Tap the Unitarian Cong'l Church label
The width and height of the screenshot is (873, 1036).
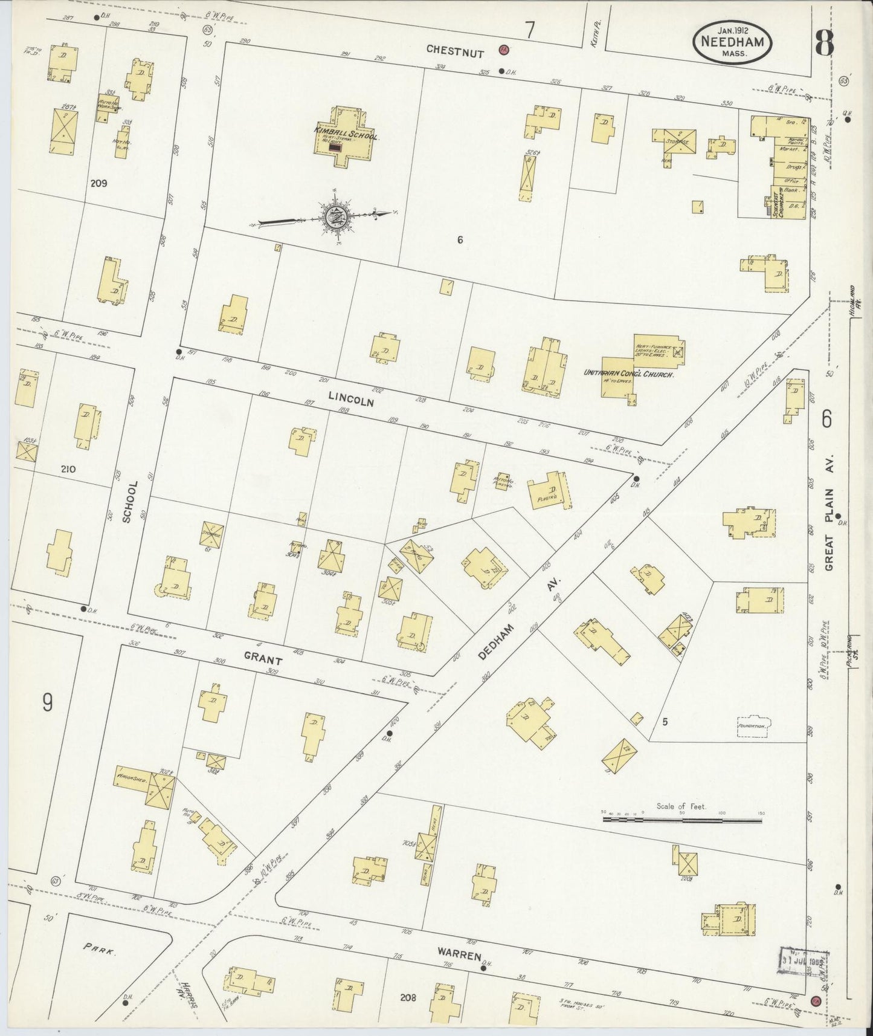(628, 374)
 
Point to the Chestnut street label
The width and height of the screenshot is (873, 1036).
(456, 51)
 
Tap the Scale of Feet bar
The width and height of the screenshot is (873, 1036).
(681, 820)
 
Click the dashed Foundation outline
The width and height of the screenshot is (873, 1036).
(753, 726)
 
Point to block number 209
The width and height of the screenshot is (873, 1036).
(98, 183)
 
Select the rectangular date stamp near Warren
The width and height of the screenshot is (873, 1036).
(802, 960)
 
